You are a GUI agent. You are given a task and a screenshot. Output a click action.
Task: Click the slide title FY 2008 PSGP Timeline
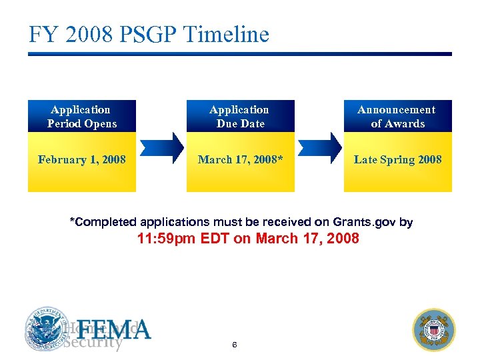point(149,34)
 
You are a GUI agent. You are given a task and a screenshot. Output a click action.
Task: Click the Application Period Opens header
point(81,117)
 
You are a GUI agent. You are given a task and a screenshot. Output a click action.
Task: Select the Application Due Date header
point(239,117)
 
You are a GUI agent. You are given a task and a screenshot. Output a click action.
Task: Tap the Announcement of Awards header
point(397,117)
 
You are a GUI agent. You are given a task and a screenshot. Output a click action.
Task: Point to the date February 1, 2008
point(81,159)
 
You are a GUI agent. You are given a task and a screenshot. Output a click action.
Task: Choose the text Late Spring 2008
point(397,159)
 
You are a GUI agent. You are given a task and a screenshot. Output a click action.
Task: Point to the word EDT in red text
point(215,239)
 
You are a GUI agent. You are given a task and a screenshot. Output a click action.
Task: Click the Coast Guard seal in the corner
point(434,329)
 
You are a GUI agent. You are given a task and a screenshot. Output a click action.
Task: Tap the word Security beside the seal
point(93,343)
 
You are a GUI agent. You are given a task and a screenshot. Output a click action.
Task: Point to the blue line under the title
point(239,54)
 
